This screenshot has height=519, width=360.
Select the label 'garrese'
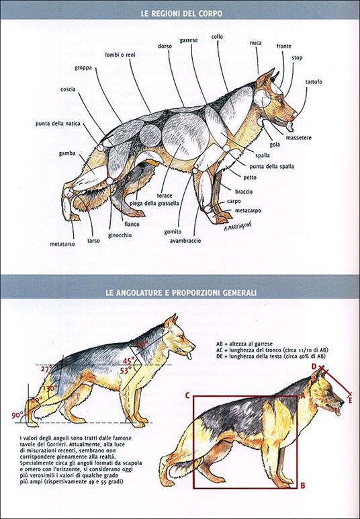pyautogui.click(x=188, y=40)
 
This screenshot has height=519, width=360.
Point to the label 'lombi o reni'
pyautogui.click(x=125, y=54)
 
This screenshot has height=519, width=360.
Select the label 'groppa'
pyautogui.click(x=84, y=68)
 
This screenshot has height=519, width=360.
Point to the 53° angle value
pyautogui.click(x=125, y=370)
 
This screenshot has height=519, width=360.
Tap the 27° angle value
pyautogui.click(x=46, y=368)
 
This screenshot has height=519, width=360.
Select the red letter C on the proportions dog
pyautogui.click(x=188, y=395)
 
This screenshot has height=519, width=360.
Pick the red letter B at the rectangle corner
pyautogui.click(x=303, y=485)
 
